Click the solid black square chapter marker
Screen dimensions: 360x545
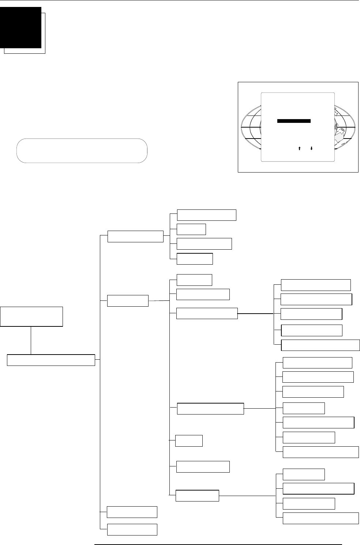[x=20, y=27]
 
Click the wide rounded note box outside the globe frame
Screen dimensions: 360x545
[x=82, y=150]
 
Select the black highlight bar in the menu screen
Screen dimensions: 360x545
[x=294, y=121]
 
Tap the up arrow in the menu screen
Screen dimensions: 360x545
[x=299, y=148]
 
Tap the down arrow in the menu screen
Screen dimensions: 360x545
[x=311, y=148]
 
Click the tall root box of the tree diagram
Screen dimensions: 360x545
[x=31, y=317]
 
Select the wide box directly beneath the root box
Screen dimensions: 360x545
[x=51, y=360]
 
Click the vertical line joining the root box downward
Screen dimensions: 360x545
[x=31, y=340]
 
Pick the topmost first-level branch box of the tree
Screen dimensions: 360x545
[x=135, y=236]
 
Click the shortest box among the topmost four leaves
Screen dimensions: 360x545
[x=191, y=229]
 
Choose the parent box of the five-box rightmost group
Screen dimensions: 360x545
[x=207, y=314]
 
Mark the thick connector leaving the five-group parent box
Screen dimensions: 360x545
[x=255, y=314]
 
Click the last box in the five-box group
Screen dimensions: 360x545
[x=320, y=345]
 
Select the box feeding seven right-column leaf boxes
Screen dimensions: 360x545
[x=210, y=409]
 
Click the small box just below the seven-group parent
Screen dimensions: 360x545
[x=189, y=441]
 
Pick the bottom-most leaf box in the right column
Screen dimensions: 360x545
[x=320, y=518]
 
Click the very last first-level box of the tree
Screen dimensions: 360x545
[x=132, y=529]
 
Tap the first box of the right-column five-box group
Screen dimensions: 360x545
[x=316, y=285]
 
